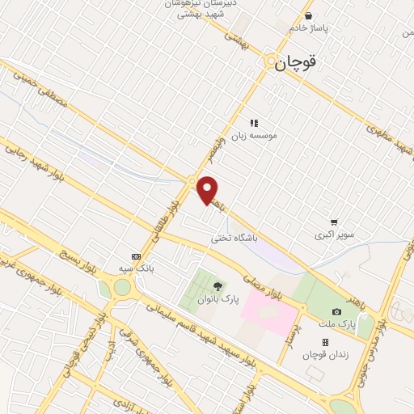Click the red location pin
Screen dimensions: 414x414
click(208, 189)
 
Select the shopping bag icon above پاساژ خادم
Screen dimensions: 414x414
click(308, 15)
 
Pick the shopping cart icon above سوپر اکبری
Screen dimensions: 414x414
click(333, 222)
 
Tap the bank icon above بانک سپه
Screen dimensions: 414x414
click(135, 256)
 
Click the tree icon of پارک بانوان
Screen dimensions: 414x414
click(217, 286)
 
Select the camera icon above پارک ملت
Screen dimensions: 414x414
click(336, 312)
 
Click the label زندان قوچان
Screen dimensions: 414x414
click(323, 354)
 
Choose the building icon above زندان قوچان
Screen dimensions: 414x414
click(325, 342)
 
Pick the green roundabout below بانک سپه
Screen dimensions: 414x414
click(121, 287)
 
